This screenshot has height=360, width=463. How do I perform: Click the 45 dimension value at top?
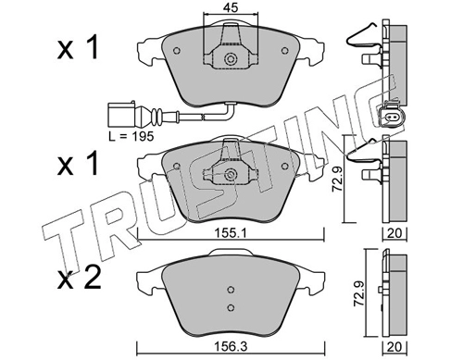[231, 7]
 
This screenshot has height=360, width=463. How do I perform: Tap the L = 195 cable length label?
[131, 136]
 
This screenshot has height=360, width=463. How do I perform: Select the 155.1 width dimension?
[231, 233]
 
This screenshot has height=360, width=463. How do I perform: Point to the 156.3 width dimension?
[231, 347]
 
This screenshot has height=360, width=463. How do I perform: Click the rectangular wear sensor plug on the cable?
[121, 115]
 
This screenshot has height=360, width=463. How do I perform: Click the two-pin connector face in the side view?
[389, 117]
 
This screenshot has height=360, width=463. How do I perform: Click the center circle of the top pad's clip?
[231, 58]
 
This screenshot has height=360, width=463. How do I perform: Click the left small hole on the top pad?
[177, 50]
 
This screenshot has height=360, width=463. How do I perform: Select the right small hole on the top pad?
[284, 50]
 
